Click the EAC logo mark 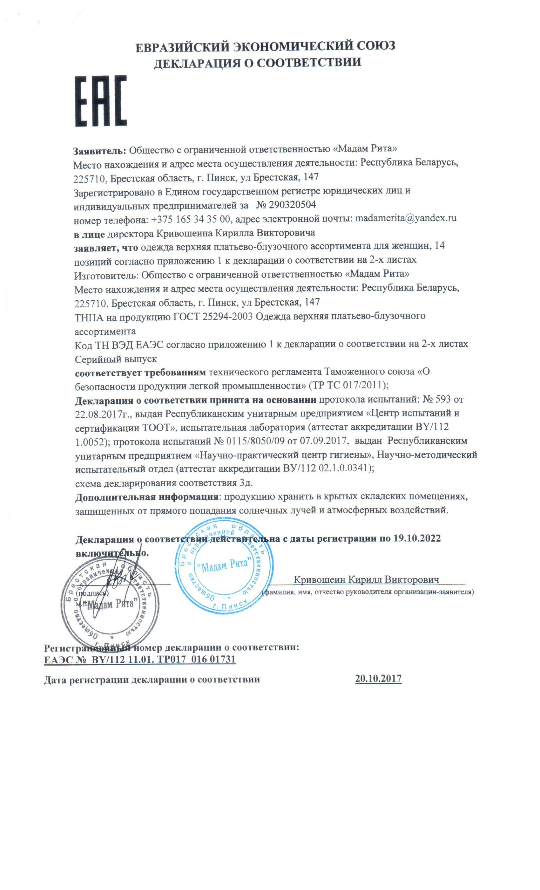coord(101,101)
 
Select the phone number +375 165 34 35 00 coord(193,219)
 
